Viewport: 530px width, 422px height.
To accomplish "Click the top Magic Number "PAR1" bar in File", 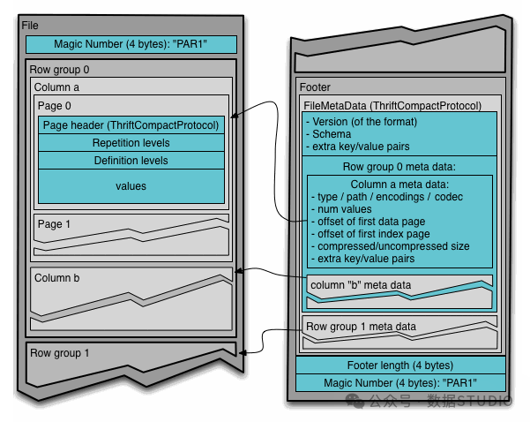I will pos(131,43).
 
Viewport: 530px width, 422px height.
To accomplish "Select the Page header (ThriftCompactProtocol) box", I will pos(131,125).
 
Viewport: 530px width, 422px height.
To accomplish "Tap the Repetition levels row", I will pos(131,143).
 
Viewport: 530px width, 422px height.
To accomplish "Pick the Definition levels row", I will pos(131,161).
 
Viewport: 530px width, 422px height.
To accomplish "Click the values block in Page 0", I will pos(131,186).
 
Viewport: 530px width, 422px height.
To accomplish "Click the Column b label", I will pos(57,278).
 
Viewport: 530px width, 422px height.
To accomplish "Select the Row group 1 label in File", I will pos(60,353).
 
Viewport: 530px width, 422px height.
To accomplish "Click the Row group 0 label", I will pos(60,69).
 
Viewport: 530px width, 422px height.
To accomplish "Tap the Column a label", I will pos(57,87).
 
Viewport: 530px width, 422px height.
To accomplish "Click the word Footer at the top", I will pos(316,87).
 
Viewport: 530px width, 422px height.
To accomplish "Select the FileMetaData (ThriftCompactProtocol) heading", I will pos(392,106).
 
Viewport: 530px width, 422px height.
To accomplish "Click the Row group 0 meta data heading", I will pos(399,167).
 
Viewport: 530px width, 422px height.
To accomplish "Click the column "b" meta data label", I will pos(360,285).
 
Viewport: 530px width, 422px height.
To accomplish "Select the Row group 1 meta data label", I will pos(361,327).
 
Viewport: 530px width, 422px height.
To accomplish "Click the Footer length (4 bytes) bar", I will pos(400,365).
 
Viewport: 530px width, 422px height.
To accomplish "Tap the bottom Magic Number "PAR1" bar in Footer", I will pos(400,383).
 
